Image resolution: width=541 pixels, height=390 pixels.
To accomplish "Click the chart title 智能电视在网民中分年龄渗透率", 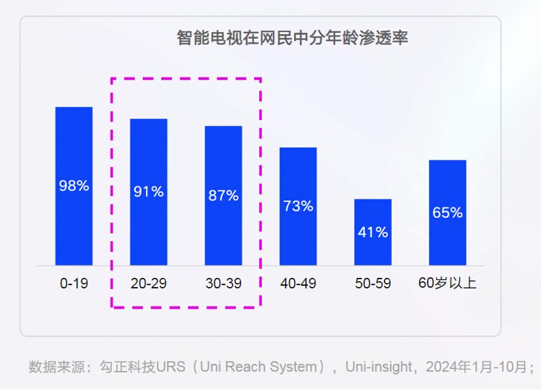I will point(292,38).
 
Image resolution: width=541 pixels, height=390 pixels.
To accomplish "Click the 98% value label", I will point(74,186).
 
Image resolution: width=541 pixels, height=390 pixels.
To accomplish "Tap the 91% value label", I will point(149,192).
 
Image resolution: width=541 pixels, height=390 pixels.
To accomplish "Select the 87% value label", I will point(224,195).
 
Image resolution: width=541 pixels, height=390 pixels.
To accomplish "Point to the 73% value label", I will point(298,206).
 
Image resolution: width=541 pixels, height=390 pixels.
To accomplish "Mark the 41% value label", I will point(373,232).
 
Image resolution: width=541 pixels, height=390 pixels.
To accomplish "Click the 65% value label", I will point(447,213).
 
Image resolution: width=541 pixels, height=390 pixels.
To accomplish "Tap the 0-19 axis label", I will point(74,284).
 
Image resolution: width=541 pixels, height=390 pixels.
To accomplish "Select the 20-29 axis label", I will point(149,284).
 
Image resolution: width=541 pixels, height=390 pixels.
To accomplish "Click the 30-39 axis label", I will point(224,284).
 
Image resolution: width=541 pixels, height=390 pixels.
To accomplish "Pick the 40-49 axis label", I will point(298,284).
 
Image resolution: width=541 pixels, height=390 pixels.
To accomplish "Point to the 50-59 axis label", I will point(373,284).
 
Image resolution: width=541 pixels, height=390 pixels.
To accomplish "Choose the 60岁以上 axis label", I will point(447,284).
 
